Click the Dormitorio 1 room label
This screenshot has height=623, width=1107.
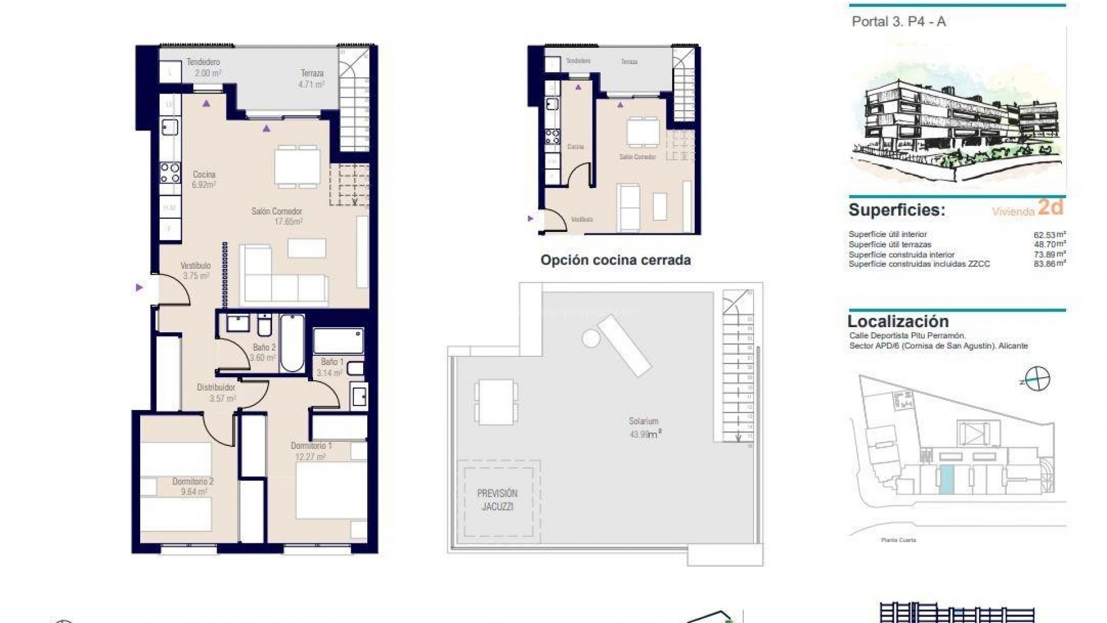pos(311,451)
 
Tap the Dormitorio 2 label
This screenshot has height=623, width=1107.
pos(193,486)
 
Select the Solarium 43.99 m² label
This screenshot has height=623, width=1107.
pos(645,427)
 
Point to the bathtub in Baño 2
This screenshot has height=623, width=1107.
pos(292,343)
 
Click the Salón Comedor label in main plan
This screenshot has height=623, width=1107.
pos(277,216)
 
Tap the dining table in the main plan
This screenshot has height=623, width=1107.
pos(298,166)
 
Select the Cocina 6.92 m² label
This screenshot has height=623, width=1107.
pos(204,179)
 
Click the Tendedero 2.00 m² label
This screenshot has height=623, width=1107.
pos(203,67)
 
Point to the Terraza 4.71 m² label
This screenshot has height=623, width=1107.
pos(312,78)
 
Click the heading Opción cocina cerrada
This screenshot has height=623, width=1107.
pos(615,260)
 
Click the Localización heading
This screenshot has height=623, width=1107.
pos(898,321)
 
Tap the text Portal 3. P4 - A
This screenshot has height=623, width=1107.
pos(898,22)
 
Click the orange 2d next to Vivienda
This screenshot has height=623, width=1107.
pos(1050,207)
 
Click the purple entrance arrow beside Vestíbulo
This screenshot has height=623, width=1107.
pos(139,287)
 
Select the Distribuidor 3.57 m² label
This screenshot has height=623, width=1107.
pos(216,393)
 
